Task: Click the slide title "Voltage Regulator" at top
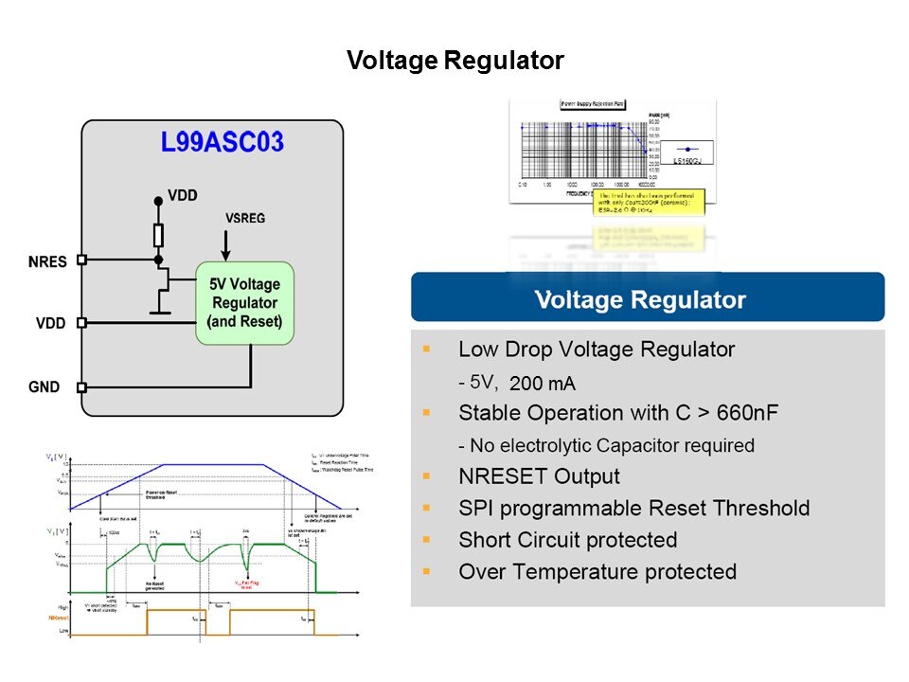[454, 62]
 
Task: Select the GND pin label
[45, 387]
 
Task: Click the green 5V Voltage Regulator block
[244, 303]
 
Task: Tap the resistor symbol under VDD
[158, 234]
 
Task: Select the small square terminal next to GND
[81, 387]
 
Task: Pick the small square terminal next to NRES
[81, 259]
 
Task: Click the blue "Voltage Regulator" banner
[647, 300]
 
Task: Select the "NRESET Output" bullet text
[539, 476]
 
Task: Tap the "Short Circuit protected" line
[567, 540]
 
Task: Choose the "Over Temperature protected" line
[597, 572]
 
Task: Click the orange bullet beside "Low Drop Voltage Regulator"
[426, 350]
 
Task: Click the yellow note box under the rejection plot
[649, 205]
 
